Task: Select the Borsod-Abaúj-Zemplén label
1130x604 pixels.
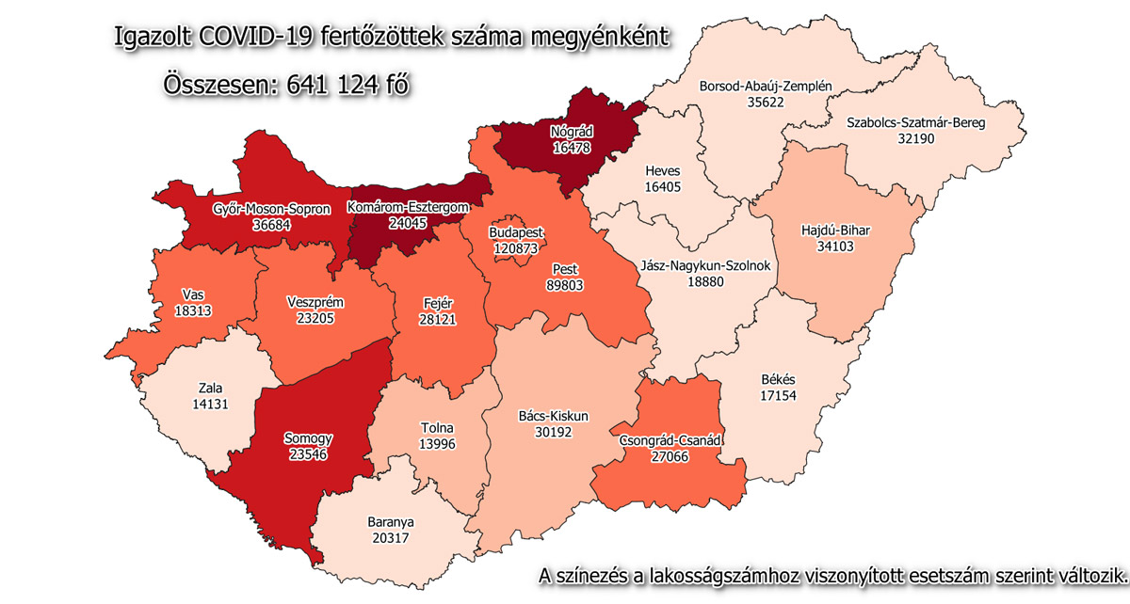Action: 766,87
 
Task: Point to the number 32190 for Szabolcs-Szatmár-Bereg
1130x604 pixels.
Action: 922,137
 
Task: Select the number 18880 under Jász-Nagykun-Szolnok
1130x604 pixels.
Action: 706,281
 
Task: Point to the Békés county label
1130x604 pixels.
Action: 777,380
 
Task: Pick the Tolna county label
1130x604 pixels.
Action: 438,428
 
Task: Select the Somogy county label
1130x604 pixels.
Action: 309,438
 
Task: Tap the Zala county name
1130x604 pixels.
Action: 210,387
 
